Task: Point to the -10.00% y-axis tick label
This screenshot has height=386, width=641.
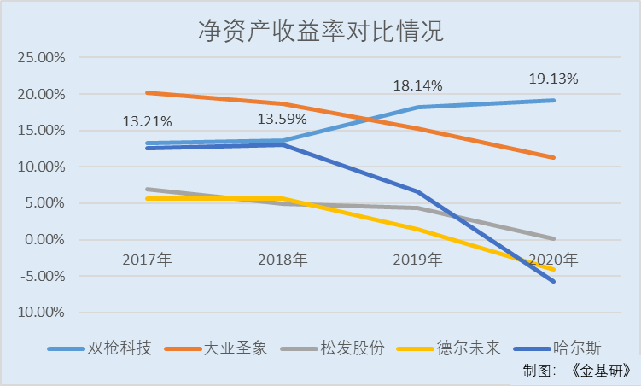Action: click(39, 313)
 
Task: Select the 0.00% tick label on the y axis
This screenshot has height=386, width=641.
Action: click(44, 240)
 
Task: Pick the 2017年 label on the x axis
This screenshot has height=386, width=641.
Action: click(148, 259)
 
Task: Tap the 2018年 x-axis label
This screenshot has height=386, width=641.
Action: click(283, 259)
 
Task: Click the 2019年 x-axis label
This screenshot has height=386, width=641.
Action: click(418, 259)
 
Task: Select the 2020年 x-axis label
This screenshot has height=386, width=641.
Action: click(553, 259)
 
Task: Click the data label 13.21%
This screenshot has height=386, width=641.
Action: click(147, 120)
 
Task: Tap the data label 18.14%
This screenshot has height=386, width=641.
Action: click(417, 86)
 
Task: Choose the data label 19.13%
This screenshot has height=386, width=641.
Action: click(552, 79)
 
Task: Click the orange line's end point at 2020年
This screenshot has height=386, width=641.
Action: click(553, 157)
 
